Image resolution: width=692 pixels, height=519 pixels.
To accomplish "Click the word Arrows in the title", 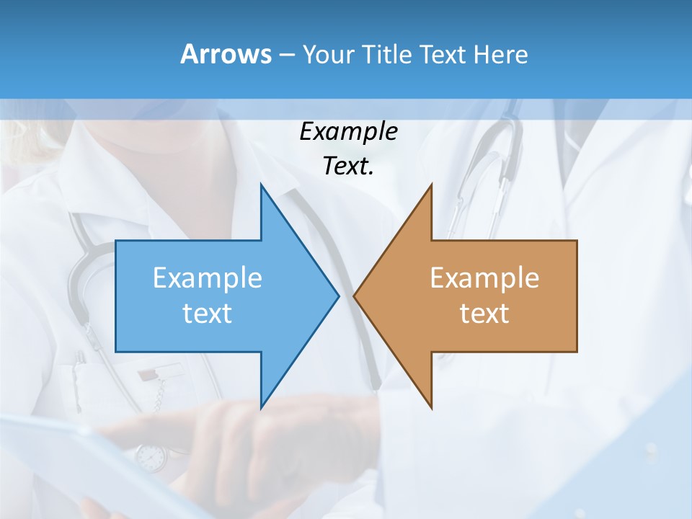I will tap(226, 54).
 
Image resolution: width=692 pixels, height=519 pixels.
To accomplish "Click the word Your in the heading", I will tap(327, 54).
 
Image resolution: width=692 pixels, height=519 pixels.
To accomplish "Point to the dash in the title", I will tap(286, 55).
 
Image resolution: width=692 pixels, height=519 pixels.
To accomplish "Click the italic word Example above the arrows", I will tap(348, 131).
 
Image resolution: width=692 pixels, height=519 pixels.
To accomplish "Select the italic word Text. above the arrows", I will tap(348, 166).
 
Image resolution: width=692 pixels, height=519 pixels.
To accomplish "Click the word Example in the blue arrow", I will tap(207, 278).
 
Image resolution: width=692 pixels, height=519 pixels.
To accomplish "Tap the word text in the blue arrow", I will tap(207, 313).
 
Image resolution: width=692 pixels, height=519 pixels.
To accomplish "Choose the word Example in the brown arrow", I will tap(484, 278).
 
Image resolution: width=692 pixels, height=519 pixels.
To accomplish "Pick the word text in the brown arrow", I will tap(484, 313).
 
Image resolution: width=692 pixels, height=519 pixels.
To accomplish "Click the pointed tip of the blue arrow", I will tap(338, 296).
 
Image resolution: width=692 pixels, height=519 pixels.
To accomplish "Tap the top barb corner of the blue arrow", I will tap(261, 185).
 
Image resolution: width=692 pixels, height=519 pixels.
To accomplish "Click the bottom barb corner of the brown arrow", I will tap(431, 408).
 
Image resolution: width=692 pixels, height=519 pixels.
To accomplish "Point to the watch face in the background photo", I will tap(151, 456).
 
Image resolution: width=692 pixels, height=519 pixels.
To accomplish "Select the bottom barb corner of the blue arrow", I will tap(261, 408).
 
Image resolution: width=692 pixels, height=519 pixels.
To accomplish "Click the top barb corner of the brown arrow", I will tap(431, 185).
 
